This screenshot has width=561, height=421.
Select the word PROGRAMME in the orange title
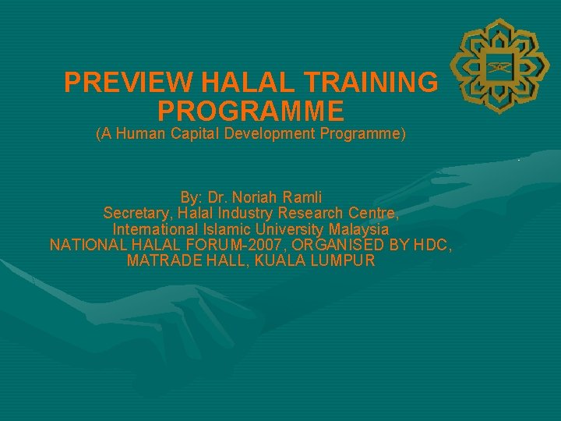(x=250, y=108)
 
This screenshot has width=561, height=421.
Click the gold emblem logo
(x=496, y=69)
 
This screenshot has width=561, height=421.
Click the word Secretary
(x=136, y=214)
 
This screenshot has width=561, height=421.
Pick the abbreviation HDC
(x=432, y=246)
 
